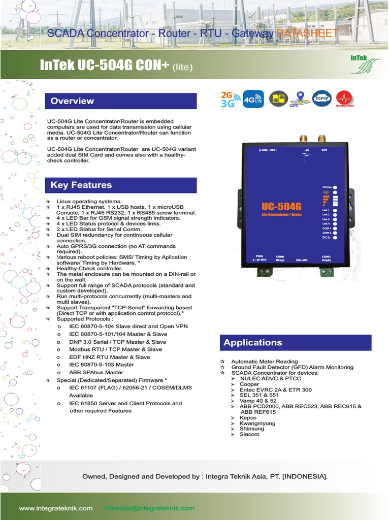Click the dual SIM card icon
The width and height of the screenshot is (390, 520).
coord(277,99)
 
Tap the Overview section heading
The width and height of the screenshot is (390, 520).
coord(72,101)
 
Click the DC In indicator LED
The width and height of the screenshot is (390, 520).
coord(336,237)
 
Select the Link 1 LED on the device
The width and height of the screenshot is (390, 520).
coord(336,210)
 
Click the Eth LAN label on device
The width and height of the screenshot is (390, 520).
coord(302,259)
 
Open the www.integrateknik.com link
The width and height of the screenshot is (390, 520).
coord(56,508)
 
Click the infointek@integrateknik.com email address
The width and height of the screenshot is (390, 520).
coord(149,508)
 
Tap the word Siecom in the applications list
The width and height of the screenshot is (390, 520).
coord(249,434)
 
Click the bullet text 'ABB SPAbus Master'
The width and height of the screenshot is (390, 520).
coord(96,373)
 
